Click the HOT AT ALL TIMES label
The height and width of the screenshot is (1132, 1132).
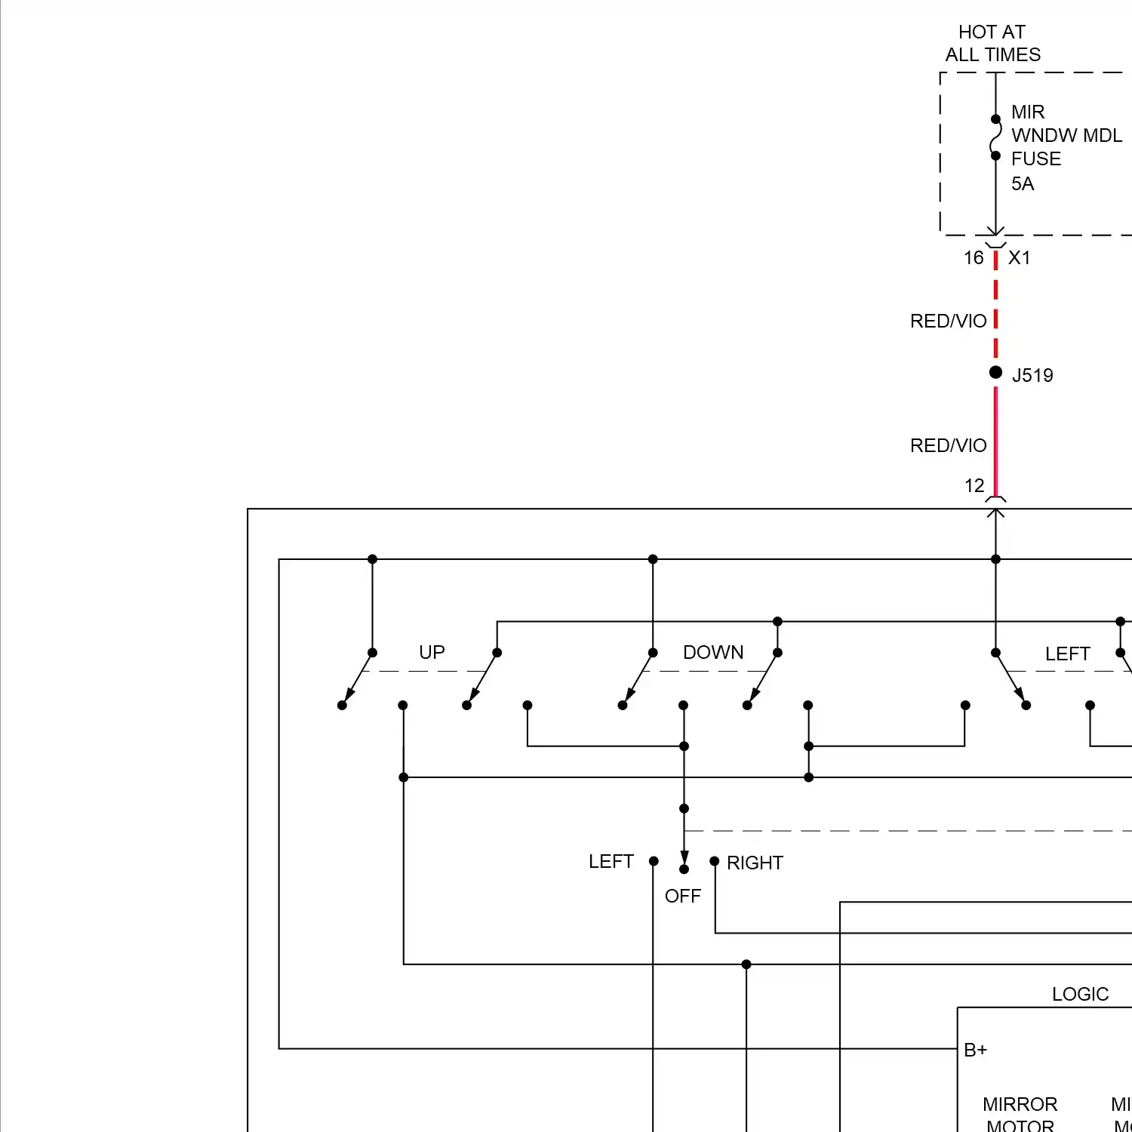pos(992,43)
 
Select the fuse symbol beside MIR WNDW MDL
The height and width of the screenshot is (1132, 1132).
pos(995,137)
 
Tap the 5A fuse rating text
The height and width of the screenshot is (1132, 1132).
pos(1023,183)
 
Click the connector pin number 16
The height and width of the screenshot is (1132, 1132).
pos(974,258)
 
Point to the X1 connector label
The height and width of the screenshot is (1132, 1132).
pos(1020,258)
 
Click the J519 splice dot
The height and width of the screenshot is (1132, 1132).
pos(995,372)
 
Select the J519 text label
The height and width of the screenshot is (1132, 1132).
pos(1032,375)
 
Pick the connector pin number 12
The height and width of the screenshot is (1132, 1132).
pos(974,486)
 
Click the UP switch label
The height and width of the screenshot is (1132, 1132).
pos(432,652)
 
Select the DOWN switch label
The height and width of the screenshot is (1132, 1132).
pos(713,652)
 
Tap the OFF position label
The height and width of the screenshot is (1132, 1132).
pos(683,896)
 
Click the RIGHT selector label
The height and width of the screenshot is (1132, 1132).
pos(755,863)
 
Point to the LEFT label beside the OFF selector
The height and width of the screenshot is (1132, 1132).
pos(611,861)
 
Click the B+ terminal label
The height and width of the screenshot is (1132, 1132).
pos(975,1050)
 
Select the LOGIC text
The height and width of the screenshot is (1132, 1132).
pos(1080,994)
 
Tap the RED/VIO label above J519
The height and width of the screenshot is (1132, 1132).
pos(948,321)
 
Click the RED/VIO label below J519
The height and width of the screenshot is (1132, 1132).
pos(948,446)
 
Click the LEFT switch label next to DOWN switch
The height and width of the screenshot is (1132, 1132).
pos(1067,654)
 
